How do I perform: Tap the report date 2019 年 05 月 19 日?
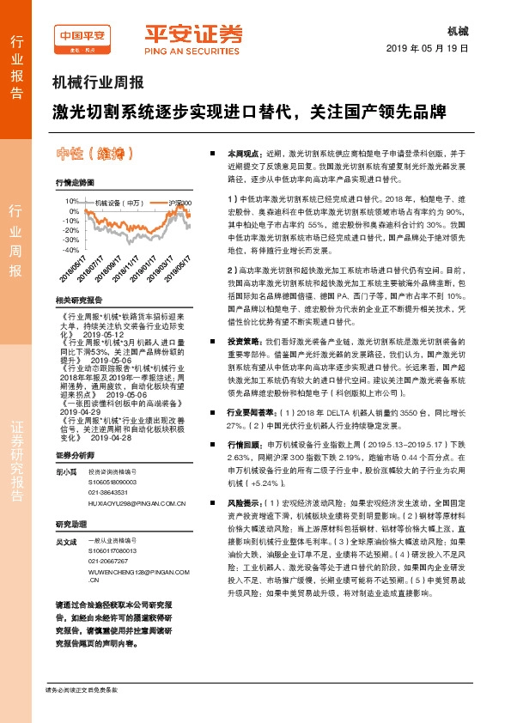(429, 48)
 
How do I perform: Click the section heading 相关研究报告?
(78, 301)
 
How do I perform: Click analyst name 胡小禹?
(66, 473)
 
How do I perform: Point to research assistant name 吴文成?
(66, 542)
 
